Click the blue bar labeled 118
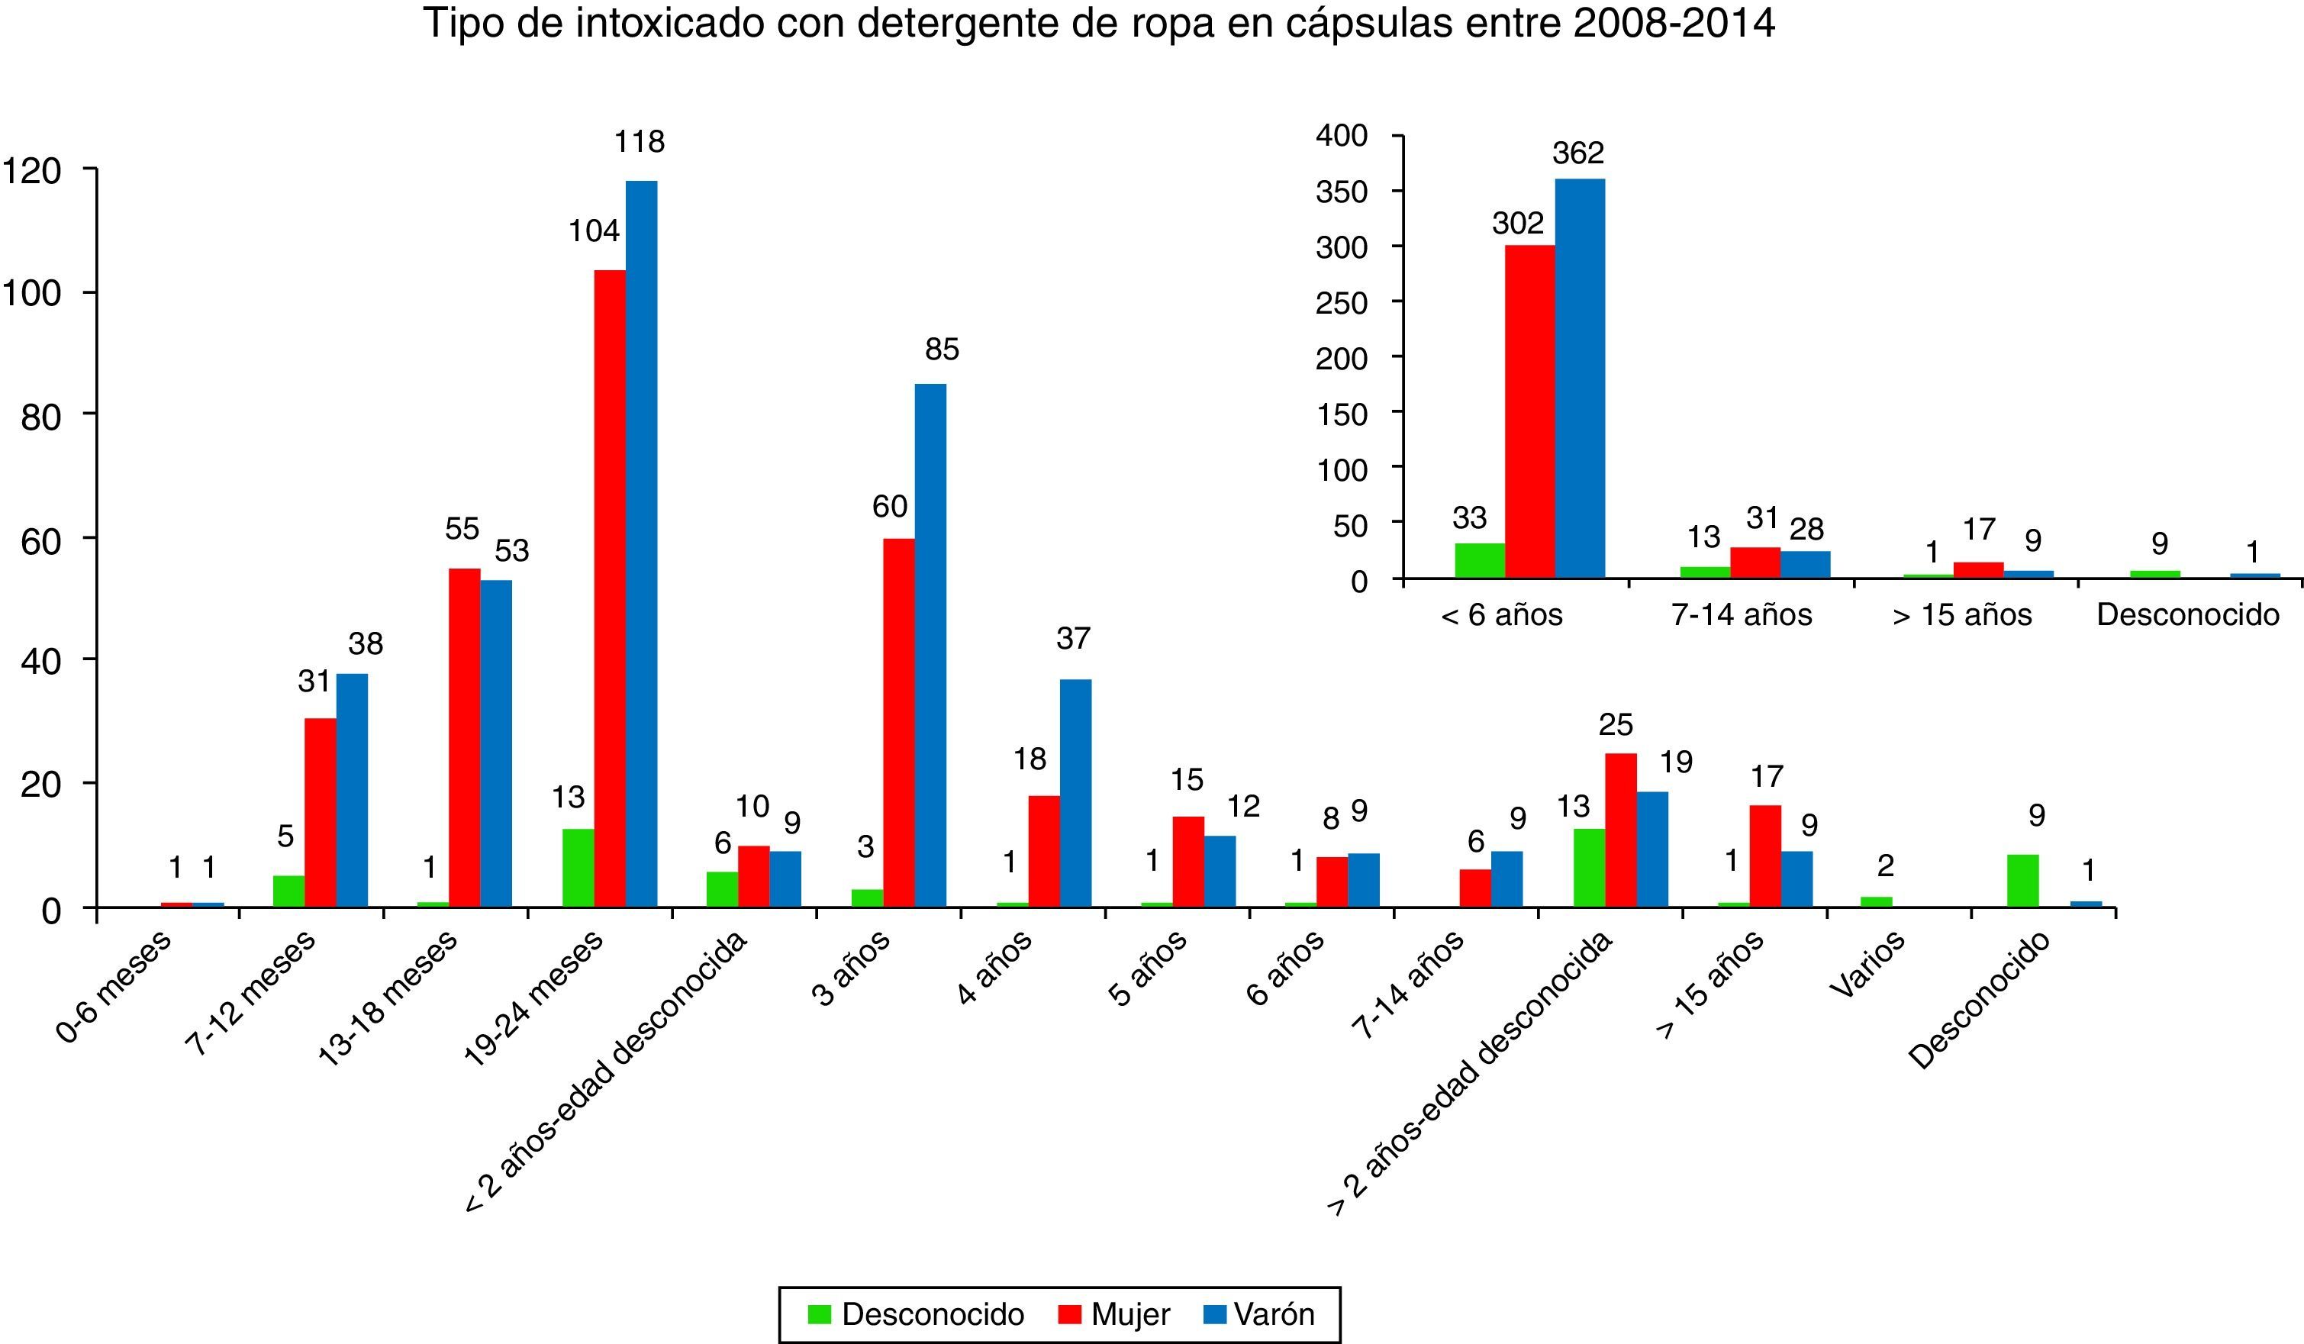(641, 544)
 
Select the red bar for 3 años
(899, 722)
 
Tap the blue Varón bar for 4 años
(1075, 793)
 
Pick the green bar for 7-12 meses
(289, 891)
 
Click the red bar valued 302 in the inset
(1529, 411)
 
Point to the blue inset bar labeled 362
(1580, 379)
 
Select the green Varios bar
(1876, 901)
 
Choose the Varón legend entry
(1260, 1315)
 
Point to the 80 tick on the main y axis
(40, 417)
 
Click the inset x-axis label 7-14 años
(1741, 614)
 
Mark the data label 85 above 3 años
(942, 350)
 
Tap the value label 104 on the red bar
(595, 231)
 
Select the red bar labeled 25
(1620, 830)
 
